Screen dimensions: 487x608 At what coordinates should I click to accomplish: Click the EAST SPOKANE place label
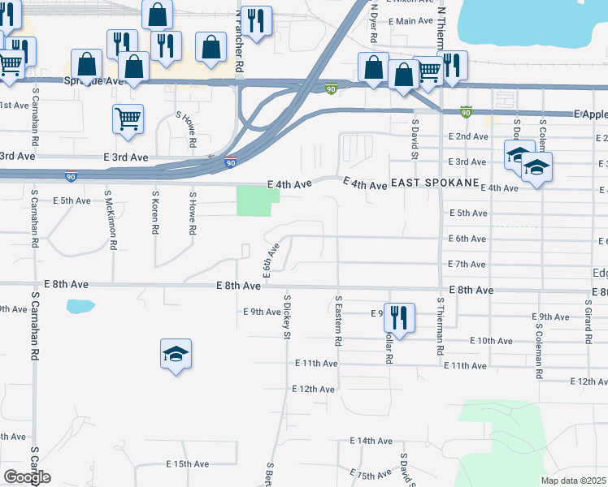[x=434, y=183]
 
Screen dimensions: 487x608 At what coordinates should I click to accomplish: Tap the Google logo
[x=27, y=476]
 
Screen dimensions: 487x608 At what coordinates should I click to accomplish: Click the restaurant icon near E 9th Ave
[x=399, y=316]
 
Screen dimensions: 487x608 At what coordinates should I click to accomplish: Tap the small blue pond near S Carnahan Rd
[x=80, y=307]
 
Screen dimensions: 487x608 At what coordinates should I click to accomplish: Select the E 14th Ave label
[x=371, y=441]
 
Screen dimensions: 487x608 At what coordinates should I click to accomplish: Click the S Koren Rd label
[x=154, y=213]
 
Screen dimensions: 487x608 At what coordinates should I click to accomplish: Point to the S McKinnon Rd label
[x=106, y=221]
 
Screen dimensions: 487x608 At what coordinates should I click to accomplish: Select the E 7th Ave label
[x=467, y=265]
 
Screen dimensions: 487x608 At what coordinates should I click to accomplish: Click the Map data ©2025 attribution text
[x=574, y=481]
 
